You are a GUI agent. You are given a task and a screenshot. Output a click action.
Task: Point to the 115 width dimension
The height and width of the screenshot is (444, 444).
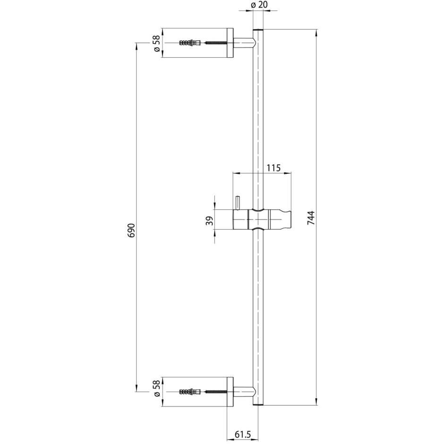pyautogui.click(x=273, y=168)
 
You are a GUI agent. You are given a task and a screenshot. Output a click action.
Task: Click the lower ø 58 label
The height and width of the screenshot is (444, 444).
pyautogui.click(x=156, y=391)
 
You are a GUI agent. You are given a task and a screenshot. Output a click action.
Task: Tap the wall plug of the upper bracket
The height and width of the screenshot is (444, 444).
pyautogui.click(x=190, y=43)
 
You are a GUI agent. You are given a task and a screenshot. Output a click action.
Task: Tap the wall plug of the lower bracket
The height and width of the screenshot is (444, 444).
pyautogui.click(x=190, y=392)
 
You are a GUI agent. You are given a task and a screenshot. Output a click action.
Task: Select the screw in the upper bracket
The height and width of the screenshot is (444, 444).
pyautogui.click(x=215, y=43)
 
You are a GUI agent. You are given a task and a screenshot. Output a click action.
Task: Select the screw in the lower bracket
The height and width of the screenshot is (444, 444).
pyautogui.click(x=215, y=392)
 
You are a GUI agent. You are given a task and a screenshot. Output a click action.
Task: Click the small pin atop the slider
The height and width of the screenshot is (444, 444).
pyautogui.click(x=236, y=203)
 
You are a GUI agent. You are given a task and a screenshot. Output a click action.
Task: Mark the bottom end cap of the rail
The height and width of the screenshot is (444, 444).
pyautogui.click(x=258, y=404)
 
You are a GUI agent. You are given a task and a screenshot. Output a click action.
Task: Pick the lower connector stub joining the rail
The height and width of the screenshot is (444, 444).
pyautogui.click(x=244, y=392)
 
